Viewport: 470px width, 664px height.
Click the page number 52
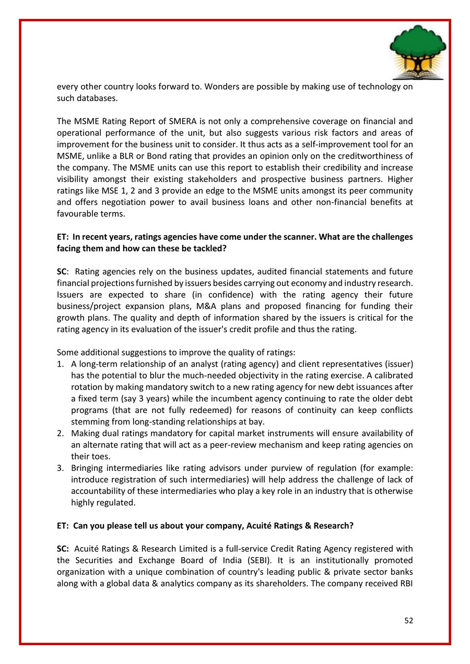click(408, 620)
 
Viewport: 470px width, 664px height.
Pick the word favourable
click(76, 213)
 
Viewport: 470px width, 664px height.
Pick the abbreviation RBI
click(405, 584)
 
